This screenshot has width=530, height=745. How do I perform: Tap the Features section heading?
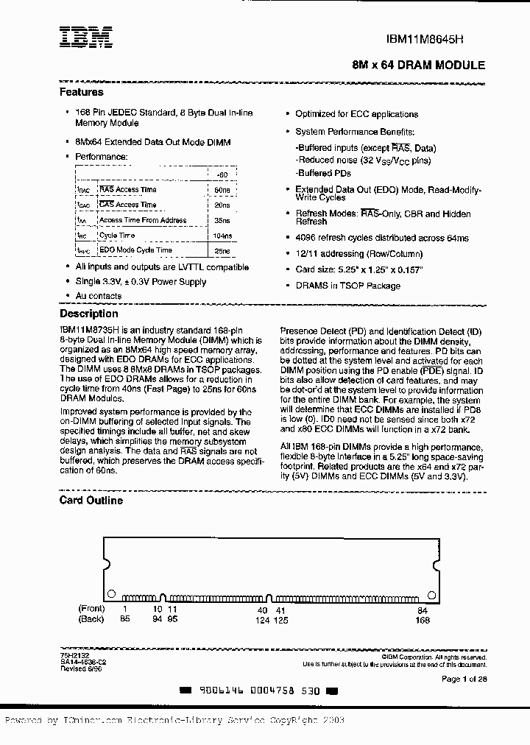81,93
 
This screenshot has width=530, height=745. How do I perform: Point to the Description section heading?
88,314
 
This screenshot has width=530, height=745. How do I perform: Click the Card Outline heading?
91,501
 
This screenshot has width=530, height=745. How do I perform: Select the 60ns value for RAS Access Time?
222,190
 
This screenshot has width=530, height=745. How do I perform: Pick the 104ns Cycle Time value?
222,236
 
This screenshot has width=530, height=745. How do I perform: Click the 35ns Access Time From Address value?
222,220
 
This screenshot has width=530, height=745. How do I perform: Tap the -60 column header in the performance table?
222,174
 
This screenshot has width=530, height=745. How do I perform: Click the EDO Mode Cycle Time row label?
135,251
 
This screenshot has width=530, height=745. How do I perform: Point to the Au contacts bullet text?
99,296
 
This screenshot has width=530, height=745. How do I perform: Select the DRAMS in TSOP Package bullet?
347,286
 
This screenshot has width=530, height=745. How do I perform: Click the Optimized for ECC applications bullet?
356,114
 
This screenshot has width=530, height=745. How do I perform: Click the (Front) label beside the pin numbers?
92,610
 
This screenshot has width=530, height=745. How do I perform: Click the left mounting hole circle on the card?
111,593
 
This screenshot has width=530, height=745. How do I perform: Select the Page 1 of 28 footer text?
463,678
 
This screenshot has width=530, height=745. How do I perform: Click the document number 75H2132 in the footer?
71,652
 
